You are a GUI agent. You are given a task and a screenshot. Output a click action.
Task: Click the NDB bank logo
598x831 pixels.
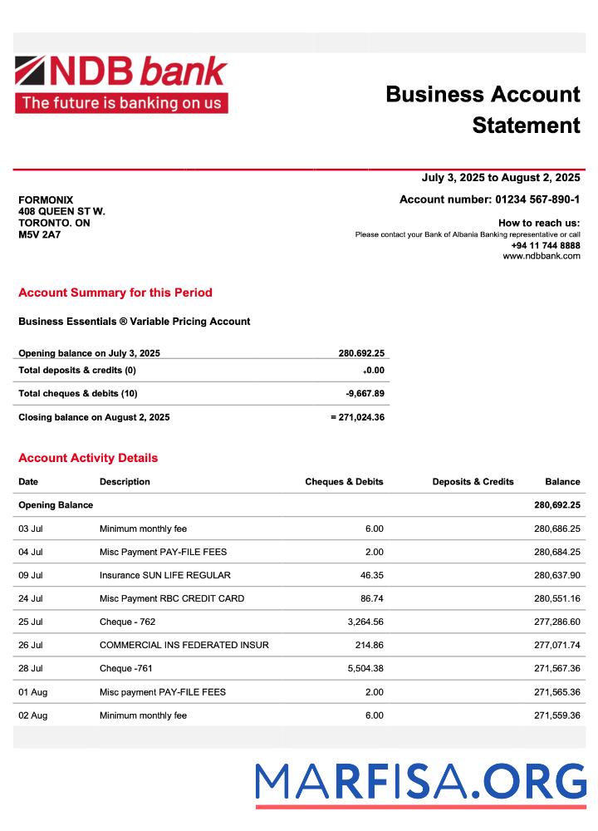coord(121,84)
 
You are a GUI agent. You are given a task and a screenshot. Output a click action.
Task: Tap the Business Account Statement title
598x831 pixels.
coord(483,110)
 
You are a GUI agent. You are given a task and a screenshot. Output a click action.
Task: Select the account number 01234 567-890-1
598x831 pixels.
coord(537,199)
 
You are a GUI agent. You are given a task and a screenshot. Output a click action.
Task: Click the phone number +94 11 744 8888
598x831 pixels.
coord(546,245)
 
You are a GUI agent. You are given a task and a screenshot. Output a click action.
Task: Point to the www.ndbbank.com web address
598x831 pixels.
coord(542,256)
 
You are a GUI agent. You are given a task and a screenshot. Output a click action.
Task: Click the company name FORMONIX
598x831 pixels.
coord(46,200)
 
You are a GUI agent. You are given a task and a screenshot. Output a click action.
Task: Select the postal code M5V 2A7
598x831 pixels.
coord(40,234)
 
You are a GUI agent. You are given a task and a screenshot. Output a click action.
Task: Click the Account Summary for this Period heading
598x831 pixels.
coord(115,293)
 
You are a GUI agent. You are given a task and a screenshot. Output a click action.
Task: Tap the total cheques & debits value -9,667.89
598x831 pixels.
coord(365,393)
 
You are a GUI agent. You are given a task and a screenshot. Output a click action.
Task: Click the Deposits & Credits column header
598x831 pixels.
coord(473,482)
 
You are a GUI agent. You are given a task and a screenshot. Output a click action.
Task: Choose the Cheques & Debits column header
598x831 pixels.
coord(344,482)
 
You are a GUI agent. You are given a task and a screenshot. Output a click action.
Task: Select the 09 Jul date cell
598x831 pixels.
coord(31,575)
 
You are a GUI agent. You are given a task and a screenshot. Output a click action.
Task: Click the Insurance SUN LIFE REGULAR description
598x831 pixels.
coord(165,575)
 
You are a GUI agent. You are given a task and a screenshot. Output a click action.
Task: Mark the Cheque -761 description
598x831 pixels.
coord(126,668)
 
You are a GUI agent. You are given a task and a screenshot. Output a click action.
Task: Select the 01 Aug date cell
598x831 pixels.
coord(32,692)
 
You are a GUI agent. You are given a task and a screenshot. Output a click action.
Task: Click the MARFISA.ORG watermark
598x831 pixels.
coord(420,783)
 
